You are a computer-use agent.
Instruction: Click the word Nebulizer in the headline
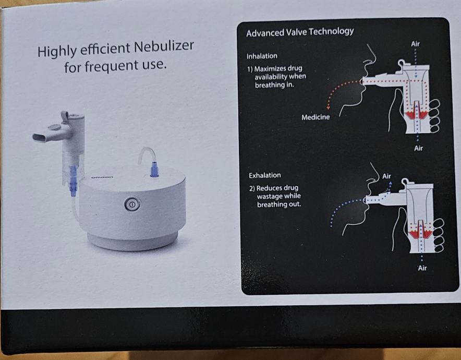click(164, 47)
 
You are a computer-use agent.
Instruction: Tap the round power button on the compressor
click(132, 204)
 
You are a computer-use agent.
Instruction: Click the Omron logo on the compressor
click(102, 177)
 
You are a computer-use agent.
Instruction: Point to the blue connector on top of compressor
click(154, 170)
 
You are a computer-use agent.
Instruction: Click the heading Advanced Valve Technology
click(300, 32)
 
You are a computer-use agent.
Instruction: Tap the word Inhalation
click(262, 56)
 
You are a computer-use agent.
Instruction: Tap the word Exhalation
click(264, 175)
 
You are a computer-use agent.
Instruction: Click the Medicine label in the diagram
click(316, 117)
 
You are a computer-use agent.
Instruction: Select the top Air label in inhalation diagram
click(415, 44)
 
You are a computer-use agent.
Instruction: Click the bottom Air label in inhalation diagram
click(418, 148)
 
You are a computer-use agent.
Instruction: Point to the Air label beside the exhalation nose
click(386, 176)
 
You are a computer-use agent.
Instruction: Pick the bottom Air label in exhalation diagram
click(422, 268)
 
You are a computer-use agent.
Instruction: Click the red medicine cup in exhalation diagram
click(421, 234)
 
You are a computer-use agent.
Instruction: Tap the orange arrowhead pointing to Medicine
click(329, 108)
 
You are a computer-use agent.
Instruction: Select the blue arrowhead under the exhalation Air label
click(390, 183)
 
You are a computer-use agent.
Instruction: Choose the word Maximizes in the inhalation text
click(270, 69)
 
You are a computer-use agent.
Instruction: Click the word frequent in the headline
click(112, 66)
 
